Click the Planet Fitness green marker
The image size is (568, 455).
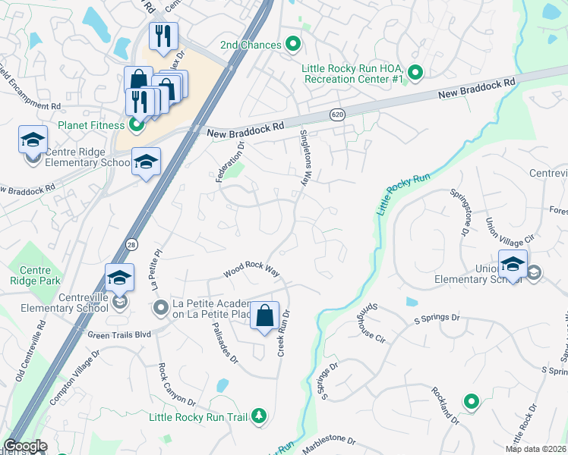coord(136,125)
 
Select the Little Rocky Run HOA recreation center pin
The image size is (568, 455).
coord(415,73)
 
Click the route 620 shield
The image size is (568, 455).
coord(336,115)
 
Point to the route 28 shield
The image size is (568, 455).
coord(130,243)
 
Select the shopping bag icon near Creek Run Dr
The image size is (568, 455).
coord(263,315)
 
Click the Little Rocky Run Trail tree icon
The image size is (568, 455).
coord(259,416)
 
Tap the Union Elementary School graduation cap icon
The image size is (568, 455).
coord(513,264)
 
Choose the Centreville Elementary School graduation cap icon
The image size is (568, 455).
coord(118,278)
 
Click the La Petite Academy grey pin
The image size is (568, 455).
coord(160,308)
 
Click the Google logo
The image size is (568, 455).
coord(25,446)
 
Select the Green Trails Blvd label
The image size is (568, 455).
coord(120,334)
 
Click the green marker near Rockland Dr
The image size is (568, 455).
coord(472,402)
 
